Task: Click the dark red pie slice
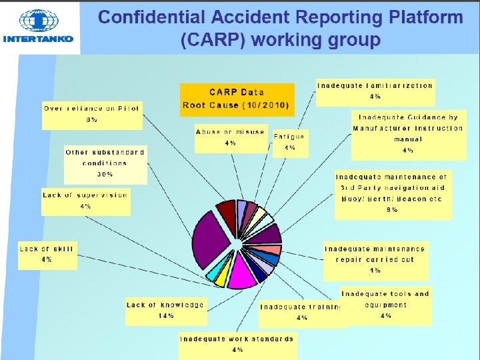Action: [x=227, y=213]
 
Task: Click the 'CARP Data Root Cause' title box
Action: [x=237, y=99]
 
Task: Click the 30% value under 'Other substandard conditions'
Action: [x=105, y=174]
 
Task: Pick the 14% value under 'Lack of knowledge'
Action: [x=165, y=315]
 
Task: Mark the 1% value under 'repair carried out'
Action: [x=375, y=271]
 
